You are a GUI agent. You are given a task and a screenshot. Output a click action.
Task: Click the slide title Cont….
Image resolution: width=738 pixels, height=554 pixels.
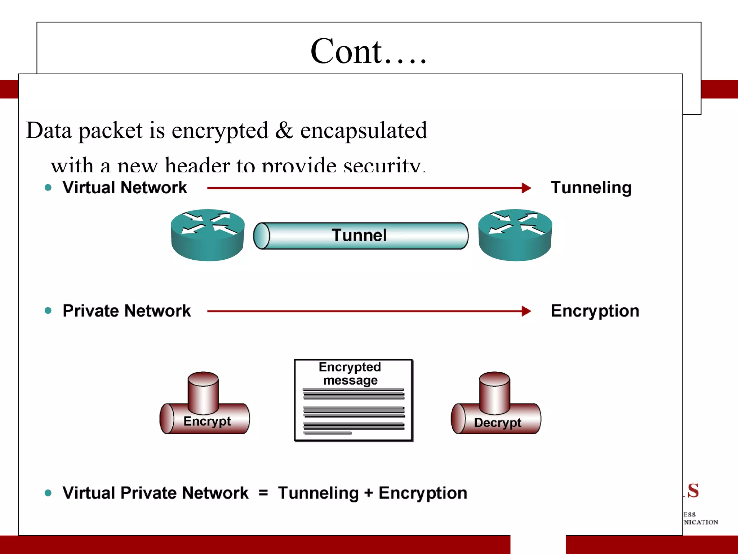pos(368,52)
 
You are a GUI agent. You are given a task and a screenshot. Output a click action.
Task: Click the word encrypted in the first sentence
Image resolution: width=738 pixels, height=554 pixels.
pos(220,131)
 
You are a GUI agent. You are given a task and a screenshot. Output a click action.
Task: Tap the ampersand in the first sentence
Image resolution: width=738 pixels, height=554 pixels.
pos(284,130)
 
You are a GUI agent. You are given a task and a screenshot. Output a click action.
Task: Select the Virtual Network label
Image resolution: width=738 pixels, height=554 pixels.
pos(125,188)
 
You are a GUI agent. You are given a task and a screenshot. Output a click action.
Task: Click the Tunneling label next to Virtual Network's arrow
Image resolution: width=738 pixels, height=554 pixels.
pos(591,188)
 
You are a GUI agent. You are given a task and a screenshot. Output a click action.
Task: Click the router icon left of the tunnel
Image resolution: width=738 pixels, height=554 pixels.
pos(208,235)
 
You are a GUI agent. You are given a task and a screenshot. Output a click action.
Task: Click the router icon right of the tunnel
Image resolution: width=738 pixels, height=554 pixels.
pos(515,235)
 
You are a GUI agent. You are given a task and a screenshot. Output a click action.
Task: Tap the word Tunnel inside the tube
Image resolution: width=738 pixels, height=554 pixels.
pos(359,235)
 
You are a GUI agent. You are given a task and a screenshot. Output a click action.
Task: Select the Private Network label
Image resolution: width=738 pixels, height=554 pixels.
pos(126,311)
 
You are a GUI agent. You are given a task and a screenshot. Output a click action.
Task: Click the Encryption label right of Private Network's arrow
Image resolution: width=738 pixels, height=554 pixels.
pos(595,311)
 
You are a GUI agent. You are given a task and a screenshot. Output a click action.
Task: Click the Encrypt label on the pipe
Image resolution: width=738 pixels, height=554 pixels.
pos(207,421)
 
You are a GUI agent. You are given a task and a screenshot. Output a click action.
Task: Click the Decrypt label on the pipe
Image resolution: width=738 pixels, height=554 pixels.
pos(498,422)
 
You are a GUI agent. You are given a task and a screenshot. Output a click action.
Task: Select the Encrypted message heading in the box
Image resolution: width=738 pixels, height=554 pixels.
pos(350,373)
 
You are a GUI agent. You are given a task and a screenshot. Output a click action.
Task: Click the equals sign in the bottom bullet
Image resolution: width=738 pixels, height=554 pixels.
pos(263,493)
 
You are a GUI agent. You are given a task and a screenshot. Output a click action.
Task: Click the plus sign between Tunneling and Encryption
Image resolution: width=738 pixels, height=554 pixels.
pos(368,493)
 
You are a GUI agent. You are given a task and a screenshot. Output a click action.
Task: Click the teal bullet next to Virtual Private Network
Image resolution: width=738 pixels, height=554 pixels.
pos(48,493)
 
